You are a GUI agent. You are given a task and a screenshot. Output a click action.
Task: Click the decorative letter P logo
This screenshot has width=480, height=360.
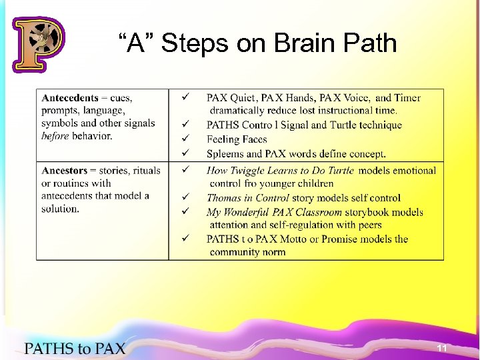[x=38, y=44]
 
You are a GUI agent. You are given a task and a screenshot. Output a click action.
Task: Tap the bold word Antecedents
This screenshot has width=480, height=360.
[x=70, y=98]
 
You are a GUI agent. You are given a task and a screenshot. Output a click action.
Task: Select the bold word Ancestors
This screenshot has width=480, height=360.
[x=65, y=171]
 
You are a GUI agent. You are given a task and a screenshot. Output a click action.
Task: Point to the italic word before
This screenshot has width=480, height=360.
[x=55, y=135]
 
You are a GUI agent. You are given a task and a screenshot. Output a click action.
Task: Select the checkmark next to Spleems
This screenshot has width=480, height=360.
[x=186, y=153]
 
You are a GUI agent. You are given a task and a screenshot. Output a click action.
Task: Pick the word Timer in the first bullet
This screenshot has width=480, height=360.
[x=407, y=98]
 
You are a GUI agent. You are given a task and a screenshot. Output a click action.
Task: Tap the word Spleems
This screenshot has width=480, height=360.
[x=225, y=153]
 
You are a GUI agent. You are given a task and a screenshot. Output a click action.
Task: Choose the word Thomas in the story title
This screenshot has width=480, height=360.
[x=224, y=197]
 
